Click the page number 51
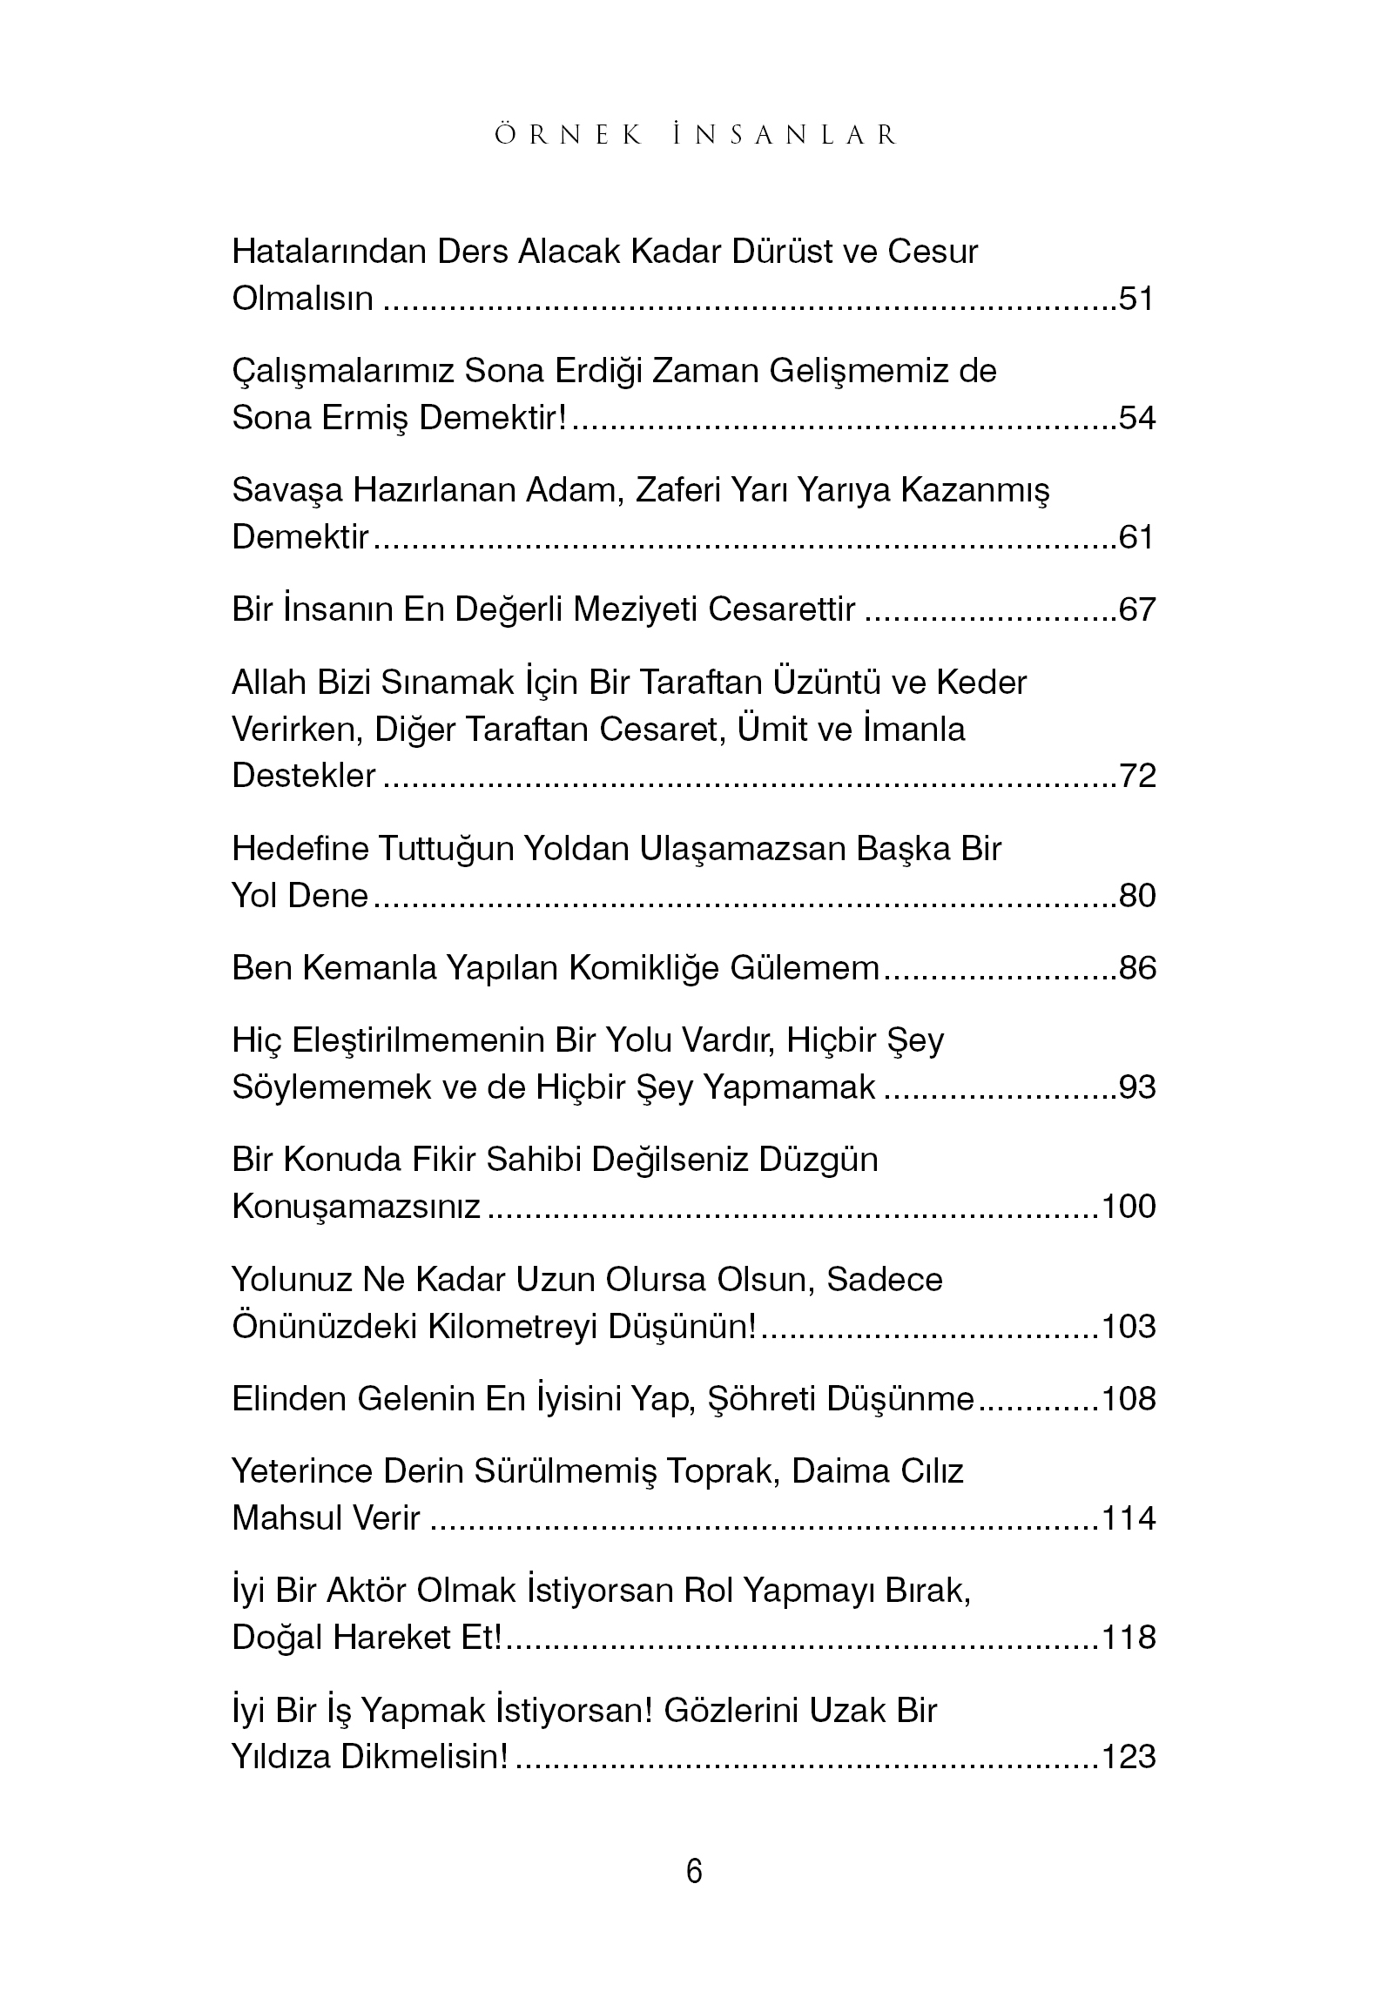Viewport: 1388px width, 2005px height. pos(1136,299)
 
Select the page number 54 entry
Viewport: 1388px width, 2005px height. pos(1136,418)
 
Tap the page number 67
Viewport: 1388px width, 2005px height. pos(1136,609)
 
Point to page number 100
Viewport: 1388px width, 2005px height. pos(1129,1207)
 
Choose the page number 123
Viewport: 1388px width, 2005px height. pos(1129,1757)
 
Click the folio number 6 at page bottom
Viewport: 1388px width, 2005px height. pos(694,1872)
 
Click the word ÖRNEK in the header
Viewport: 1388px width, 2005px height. pos(569,136)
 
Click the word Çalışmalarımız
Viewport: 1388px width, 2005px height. pos(343,372)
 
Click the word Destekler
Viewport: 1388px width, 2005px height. pos(303,776)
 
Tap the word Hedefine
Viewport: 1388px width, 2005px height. pos(300,849)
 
